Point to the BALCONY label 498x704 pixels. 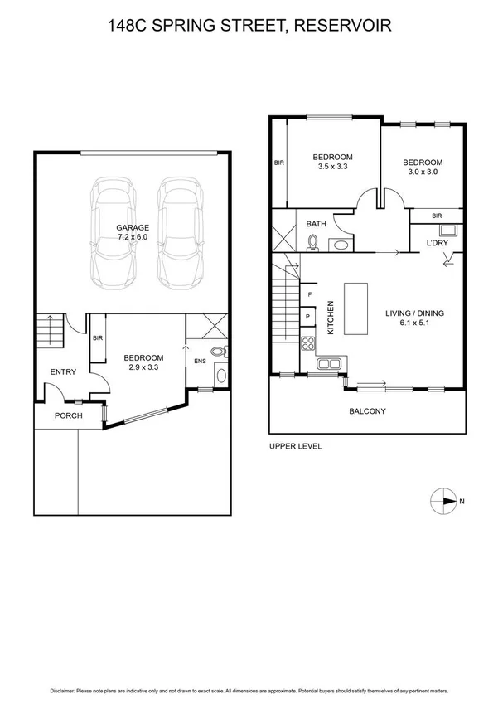pos(367,411)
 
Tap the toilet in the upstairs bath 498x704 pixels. pos(313,242)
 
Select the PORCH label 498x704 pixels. pos(68,415)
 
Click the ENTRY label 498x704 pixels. pos(63,372)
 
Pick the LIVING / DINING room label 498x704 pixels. pos(415,318)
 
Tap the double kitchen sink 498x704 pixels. pos(329,362)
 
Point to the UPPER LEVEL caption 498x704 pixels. pos(296,446)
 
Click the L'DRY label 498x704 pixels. pos(437,242)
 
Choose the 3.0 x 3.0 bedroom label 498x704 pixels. pos(423,168)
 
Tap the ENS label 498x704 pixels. pos(200,361)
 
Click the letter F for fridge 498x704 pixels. pos(309,294)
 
